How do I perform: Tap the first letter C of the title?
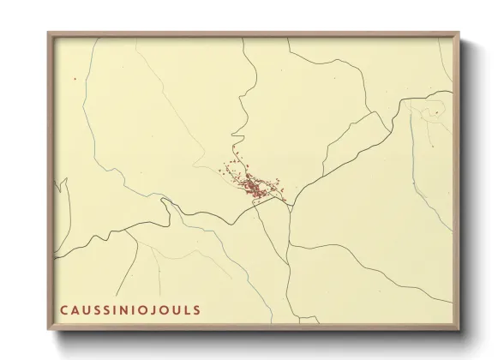(63, 309)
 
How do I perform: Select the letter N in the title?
(125, 309)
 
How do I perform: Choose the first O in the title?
(146, 309)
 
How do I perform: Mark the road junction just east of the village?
(291, 204)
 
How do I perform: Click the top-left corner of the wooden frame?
(49, 33)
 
